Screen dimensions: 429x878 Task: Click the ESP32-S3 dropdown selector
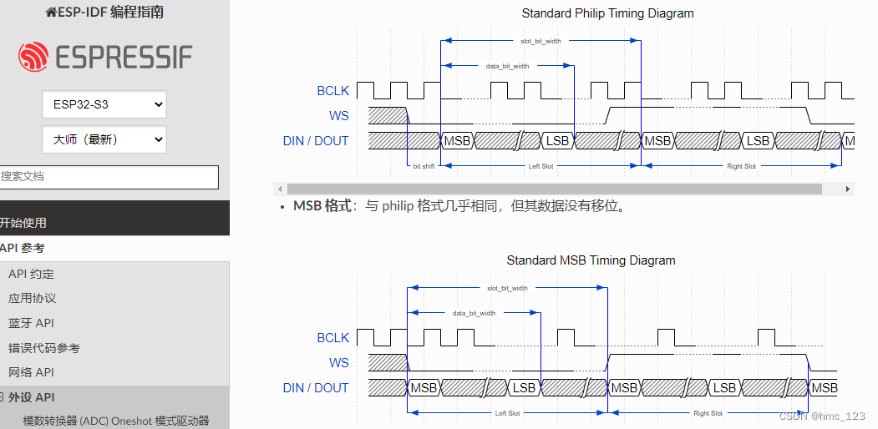104,104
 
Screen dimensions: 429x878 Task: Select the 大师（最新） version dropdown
104,139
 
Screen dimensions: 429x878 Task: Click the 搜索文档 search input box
109,177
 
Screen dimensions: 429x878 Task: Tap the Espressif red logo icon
33,57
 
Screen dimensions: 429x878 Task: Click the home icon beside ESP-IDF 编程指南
51,13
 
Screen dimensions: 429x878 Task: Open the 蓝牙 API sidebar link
31,323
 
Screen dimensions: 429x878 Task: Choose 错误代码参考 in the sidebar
44,348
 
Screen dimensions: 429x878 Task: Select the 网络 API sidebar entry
31,372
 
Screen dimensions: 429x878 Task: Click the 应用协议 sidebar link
32,298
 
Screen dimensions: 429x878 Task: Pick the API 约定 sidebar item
31,274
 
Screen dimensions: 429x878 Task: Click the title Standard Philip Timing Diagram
607,13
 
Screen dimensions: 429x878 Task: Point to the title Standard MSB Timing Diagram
591,260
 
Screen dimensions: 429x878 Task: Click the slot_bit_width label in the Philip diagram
541,41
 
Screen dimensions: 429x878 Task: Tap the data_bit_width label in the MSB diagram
474,313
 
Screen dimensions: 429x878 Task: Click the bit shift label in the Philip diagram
424,166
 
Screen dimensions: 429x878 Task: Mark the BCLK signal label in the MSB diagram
332,338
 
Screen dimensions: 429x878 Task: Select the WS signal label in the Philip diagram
338,116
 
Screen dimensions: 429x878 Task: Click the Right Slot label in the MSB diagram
708,413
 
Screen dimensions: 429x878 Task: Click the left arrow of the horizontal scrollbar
280,189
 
